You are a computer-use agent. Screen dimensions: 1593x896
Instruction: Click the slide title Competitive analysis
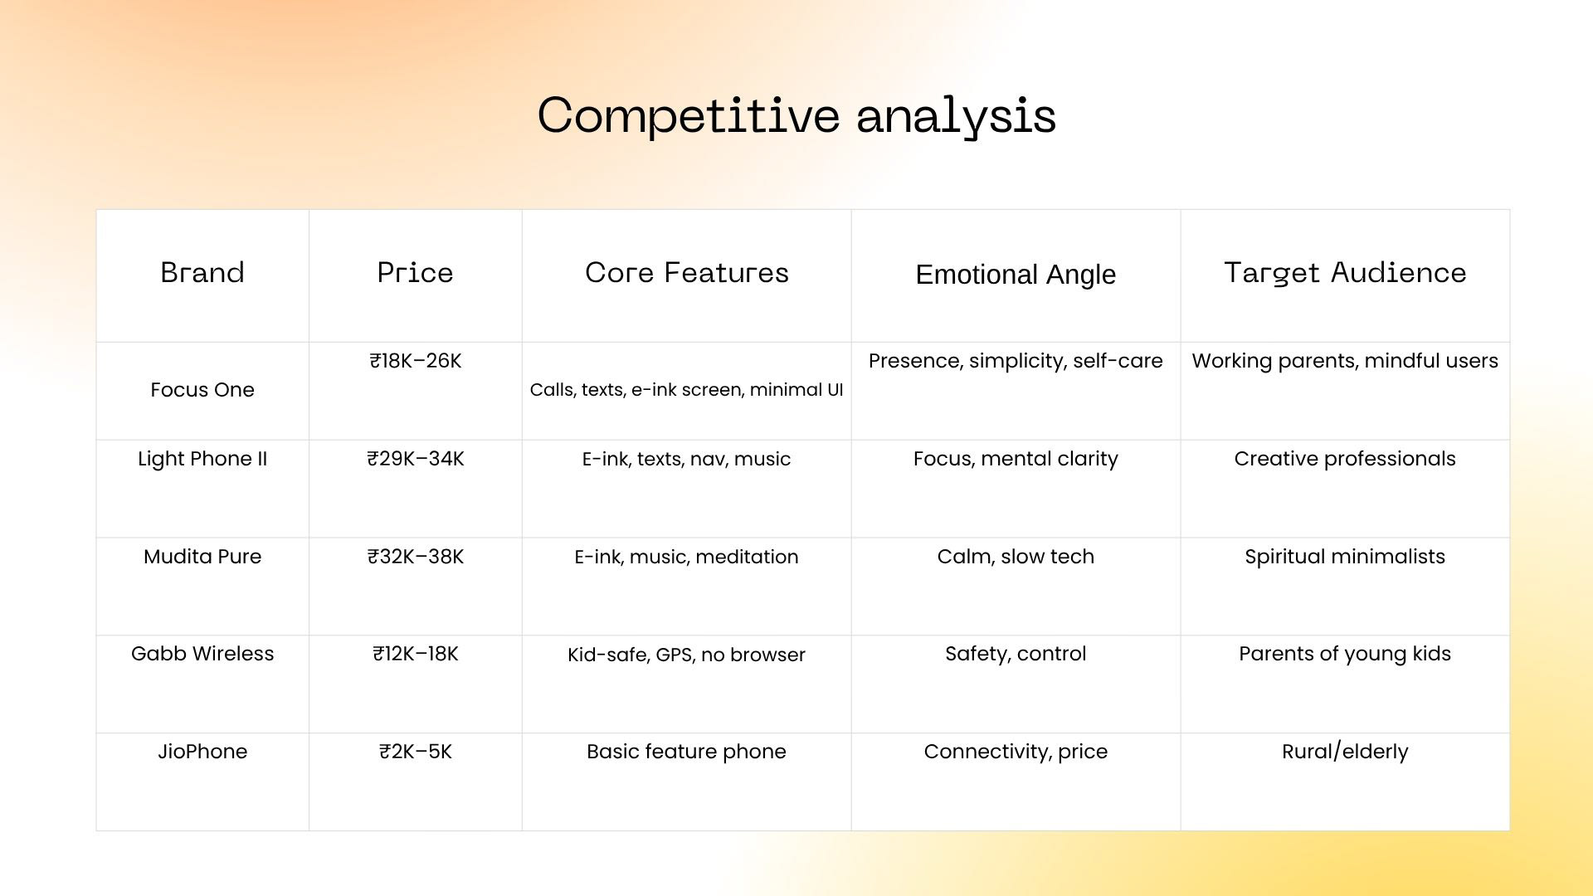click(796, 115)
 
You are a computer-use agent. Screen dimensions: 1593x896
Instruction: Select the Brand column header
click(202, 273)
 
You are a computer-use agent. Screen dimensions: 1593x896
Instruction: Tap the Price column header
click(415, 273)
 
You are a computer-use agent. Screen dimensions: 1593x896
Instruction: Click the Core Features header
click(687, 273)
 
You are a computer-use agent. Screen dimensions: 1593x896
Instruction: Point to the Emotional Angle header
click(1016, 275)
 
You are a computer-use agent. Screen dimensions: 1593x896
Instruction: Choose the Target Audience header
click(1345, 273)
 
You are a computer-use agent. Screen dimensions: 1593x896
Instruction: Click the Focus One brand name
click(202, 390)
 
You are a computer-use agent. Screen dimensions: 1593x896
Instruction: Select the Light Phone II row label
click(202, 459)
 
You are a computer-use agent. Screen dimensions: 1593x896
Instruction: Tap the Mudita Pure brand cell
click(202, 557)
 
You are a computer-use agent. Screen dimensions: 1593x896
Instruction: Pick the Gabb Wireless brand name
click(202, 654)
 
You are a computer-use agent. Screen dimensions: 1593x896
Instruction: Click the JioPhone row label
click(202, 752)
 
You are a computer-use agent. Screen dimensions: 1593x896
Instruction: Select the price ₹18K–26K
click(415, 361)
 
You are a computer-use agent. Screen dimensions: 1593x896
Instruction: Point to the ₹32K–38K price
click(415, 557)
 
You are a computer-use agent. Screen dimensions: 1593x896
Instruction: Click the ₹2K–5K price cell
click(415, 752)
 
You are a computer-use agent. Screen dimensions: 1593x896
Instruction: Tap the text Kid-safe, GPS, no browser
click(686, 655)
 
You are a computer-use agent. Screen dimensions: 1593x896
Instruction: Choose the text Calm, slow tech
click(1016, 557)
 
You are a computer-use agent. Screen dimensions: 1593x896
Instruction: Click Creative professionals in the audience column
click(1345, 459)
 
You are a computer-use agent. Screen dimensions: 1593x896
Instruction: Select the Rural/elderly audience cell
click(1345, 752)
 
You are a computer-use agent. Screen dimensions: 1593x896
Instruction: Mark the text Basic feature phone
click(686, 752)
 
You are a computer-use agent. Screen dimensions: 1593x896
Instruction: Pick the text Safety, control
click(1016, 654)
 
